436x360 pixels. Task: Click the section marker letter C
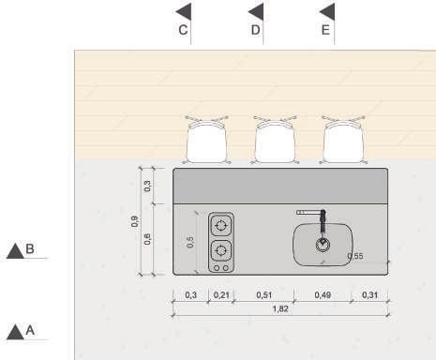[183, 30]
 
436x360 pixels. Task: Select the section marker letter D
[255, 30]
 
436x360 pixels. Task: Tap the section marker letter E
[325, 30]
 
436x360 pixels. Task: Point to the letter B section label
[30, 248]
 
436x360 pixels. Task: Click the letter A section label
[30, 330]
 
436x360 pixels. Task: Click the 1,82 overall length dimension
[280, 308]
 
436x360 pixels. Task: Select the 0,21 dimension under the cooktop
[221, 294]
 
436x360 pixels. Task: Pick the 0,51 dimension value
[264, 294]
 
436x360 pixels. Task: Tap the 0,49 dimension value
[323, 294]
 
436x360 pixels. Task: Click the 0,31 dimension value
[369, 294]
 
